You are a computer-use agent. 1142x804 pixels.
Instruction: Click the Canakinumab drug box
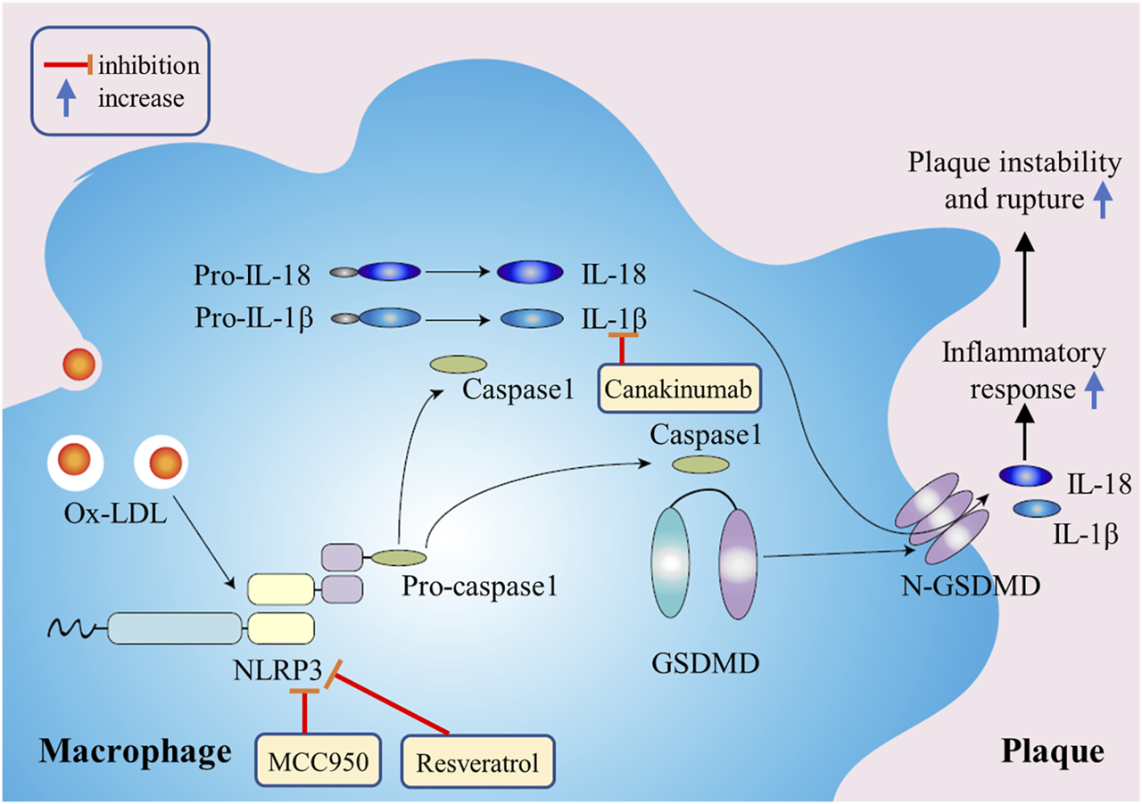point(679,390)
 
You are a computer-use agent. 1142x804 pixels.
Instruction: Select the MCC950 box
point(313,762)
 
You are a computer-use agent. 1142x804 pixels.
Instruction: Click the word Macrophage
point(134,751)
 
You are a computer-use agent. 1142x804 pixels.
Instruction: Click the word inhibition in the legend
point(149,66)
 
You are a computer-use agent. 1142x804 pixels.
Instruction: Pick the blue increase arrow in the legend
point(64,97)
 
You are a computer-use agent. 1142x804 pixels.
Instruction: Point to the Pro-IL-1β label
point(252,318)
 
